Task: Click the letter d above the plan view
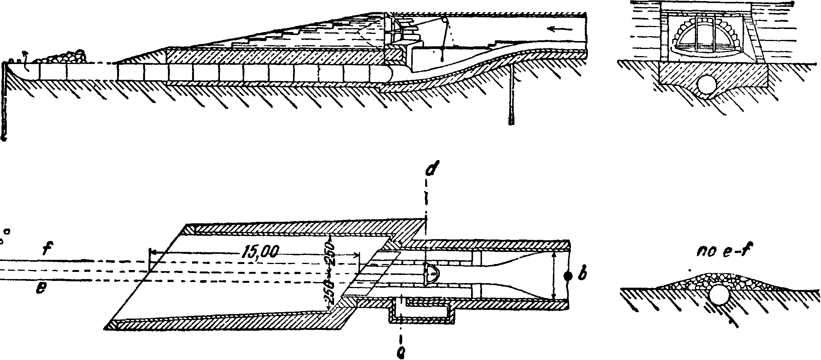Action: (x=429, y=170)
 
